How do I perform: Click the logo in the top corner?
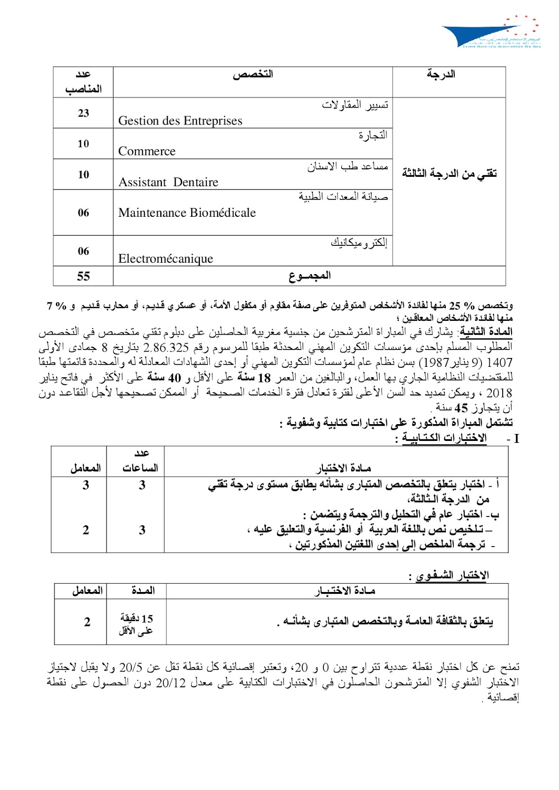[x=491, y=32]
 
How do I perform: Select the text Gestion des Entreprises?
[x=180, y=121]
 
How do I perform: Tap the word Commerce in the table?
[x=147, y=151]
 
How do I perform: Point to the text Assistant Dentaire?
[x=168, y=182]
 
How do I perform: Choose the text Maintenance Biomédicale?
[x=187, y=213]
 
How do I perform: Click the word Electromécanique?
[x=165, y=259]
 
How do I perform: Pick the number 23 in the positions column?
[x=83, y=113]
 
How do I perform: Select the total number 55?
[x=83, y=276]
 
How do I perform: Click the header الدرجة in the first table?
[x=441, y=75]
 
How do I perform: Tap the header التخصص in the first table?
[x=253, y=75]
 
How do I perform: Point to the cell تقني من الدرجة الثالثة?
[x=449, y=173]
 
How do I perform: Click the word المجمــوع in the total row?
[x=310, y=276]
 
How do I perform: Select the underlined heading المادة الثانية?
[x=486, y=332]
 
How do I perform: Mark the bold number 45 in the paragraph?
[x=461, y=408]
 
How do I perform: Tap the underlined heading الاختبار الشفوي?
[x=452, y=576]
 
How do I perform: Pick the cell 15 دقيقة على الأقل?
[x=136, y=624]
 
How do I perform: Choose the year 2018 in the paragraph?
[x=499, y=393]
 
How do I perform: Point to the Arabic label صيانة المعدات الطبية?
[x=343, y=197]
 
